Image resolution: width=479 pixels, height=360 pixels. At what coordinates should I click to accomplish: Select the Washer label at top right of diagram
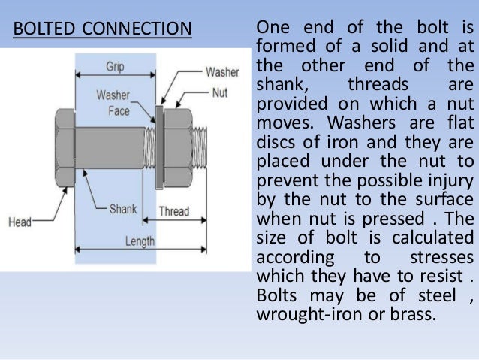pos(222,72)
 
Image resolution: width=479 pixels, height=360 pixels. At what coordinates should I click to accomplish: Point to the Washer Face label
pos(113,104)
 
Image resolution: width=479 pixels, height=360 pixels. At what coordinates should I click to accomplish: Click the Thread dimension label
pos(173,211)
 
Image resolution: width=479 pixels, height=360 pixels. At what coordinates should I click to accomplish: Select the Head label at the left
pos(20,222)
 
